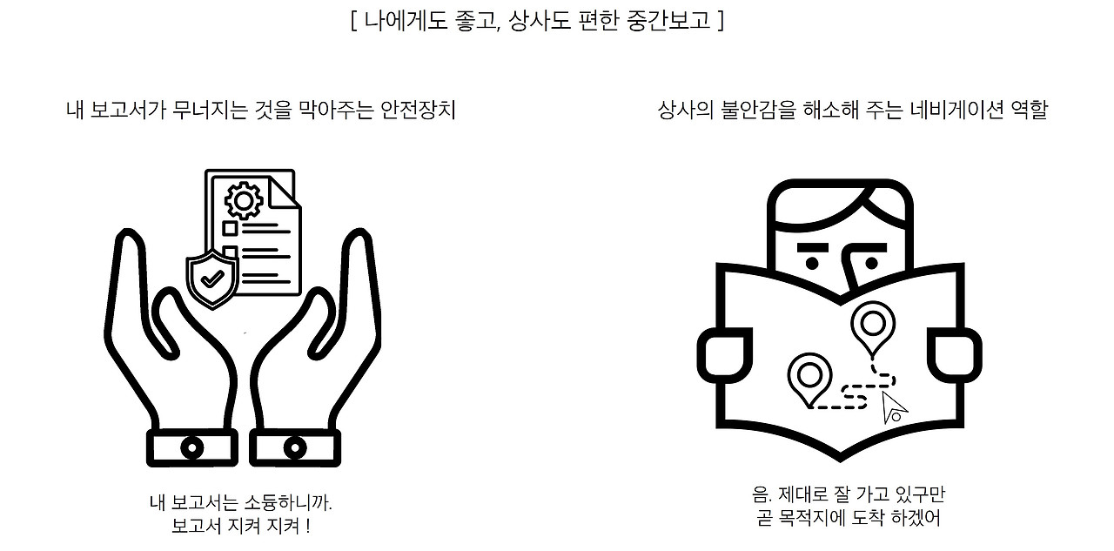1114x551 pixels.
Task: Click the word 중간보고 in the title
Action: [669, 21]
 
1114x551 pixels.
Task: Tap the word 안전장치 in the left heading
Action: [417, 110]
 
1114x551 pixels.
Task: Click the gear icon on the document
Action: [244, 201]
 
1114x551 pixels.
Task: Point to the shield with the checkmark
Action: [212, 279]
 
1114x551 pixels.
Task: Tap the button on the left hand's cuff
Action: [192, 448]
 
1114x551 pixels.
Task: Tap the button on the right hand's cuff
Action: [295, 448]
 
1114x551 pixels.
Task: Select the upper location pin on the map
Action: [873, 326]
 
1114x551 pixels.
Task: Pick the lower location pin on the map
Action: [809, 378]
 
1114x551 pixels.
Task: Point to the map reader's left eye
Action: [812, 263]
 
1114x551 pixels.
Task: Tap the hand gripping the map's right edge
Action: [955, 355]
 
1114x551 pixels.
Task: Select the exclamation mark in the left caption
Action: [308, 526]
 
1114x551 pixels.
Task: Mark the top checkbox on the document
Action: [230, 228]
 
